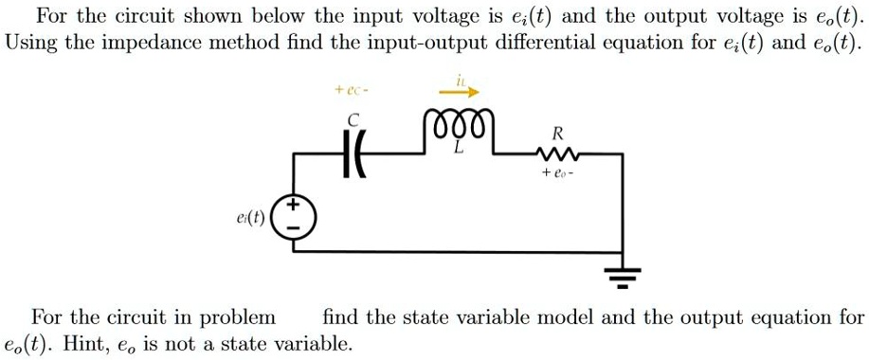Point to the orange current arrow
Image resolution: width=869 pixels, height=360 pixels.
(460, 92)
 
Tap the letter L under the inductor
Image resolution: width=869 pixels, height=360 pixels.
(458, 149)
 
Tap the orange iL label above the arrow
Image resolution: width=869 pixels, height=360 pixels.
(461, 79)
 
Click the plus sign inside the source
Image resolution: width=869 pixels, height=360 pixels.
(294, 206)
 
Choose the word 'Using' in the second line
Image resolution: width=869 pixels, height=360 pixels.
(29, 44)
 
